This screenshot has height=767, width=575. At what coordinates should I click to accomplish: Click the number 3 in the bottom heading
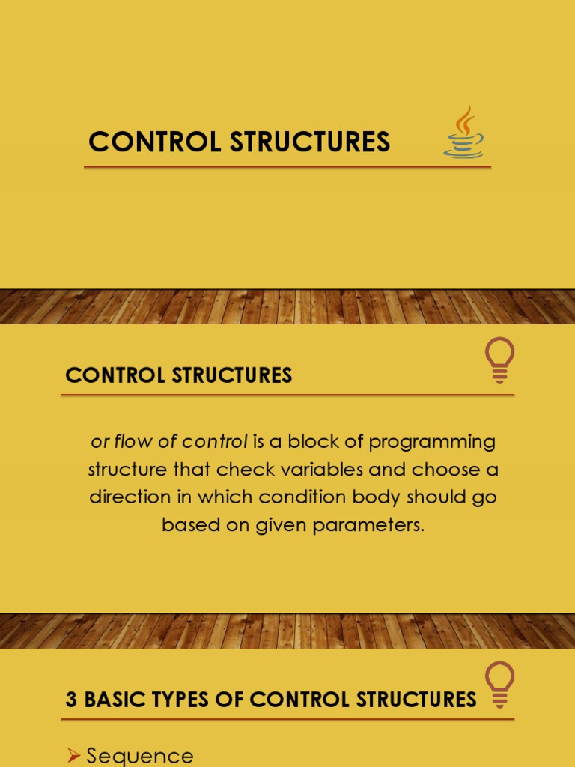tap(72, 700)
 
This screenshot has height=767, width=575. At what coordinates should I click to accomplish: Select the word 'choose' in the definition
tap(437, 470)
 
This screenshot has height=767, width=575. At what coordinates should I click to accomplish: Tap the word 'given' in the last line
tap(277, 526)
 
